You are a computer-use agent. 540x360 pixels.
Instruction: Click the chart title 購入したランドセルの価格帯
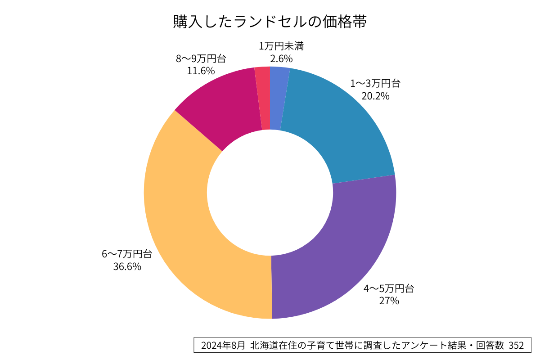coord(270,21)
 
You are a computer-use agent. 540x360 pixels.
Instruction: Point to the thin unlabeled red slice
coord(264,99)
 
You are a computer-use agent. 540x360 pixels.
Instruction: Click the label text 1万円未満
coord(281,46)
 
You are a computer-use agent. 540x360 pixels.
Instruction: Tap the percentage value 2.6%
coord(281,58)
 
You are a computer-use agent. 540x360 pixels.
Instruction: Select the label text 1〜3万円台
coord(375,83)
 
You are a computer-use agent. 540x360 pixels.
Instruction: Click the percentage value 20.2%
coord(375,96)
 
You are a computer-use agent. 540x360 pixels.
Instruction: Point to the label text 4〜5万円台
coord(389,288)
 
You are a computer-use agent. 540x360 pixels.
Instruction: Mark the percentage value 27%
coord(389,301)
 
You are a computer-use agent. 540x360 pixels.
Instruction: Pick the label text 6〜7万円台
coord(127,254)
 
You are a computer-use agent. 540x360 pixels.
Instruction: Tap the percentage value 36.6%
coord(127,266)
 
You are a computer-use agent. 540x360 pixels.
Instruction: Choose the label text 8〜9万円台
coord(201,58)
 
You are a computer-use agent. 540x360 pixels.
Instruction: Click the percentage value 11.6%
coord(201,71)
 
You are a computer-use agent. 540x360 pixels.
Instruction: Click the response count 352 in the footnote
coord(516,346)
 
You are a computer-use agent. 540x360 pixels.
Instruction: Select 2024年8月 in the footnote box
coord(223,346)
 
